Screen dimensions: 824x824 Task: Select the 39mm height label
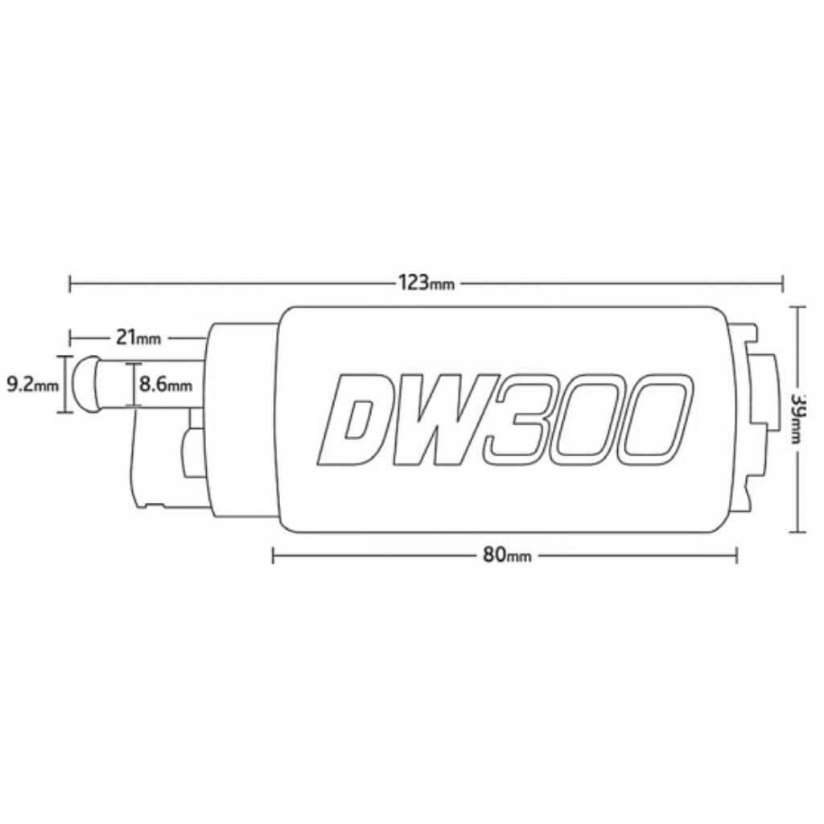pyautogui.click(x=797, y=419)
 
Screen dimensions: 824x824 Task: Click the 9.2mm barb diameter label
pyautogui.click(x=32, y=385)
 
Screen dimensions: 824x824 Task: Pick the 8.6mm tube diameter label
pyautogui.click(x=165, y=385)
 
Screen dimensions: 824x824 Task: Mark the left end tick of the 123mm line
pyautogui.click(x=71, y=283)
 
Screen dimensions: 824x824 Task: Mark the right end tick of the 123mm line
pyautogui.click(x=782, y=283)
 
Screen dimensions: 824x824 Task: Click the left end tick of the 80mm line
pyautogui.click(x=274, y=554)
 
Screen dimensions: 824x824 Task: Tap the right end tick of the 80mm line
pyautogui.click(x=737, y=554)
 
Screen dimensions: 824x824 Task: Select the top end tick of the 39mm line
pyautogui.click(x=797, y=307)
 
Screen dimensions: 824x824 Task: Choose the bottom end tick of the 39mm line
pyautogui.click(x=797, y=532)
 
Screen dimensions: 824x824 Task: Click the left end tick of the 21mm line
pyautogui.click(x=71, y=338)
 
